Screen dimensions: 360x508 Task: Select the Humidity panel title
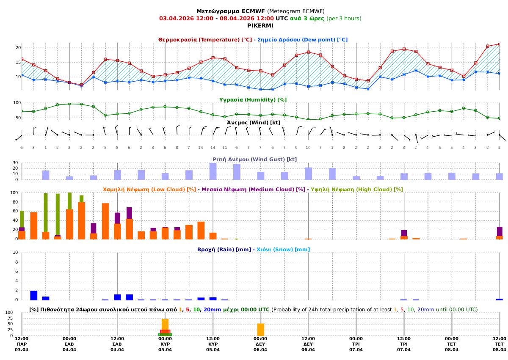(x=253, y=99)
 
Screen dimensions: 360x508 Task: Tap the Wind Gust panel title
(x=254, y=159)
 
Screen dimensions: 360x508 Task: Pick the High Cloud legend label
(x=357, y=190)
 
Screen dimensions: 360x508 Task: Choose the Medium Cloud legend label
(x=253, y=190)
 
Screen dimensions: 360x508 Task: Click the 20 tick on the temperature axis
(x=18, y=48)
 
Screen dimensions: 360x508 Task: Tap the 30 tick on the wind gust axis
(x=15, y=163)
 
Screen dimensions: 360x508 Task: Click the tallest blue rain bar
(x=33, y=295)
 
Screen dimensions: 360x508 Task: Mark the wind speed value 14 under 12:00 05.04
(x=213, y=147)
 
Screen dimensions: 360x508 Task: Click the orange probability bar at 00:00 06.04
(x=260, y=330)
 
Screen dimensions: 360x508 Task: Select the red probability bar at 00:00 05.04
(x=165, y=332)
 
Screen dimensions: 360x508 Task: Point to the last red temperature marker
(x=500, y=44)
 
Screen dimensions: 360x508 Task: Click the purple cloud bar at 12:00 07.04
(x=404, y=233)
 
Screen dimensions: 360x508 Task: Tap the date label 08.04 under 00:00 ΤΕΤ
(x=452, y=350)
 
